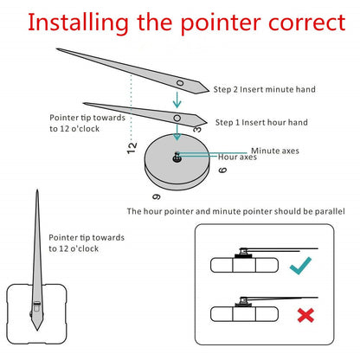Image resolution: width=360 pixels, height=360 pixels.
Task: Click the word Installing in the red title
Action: pyautogui.click(x=78, y=23)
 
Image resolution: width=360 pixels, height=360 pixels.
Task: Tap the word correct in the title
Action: pyautogui.click(x=306, y=23)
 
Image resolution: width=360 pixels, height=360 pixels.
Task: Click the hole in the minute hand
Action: pyautogui.click(x=180, y=83)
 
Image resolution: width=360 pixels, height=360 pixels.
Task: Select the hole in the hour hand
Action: pyautogui.click(x=177, y=118)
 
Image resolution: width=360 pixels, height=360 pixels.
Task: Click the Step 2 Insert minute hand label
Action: pyautogui.click(x=264, y=89)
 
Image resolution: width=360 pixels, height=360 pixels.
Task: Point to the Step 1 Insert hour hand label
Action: pyautogui.click(x=261, y=122)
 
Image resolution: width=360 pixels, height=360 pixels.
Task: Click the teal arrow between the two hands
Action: pyautogui.click(x=177, y=100)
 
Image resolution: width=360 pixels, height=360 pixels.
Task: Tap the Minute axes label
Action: pyautogui.click(x=275, y=151)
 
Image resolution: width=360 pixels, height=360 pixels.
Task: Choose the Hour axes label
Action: pyautogui.click(x=237, y=157)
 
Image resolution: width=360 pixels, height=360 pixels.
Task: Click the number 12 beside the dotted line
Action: pyautogui.click(x=132, y=148)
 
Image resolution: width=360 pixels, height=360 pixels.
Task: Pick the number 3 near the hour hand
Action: pyautogui.click(x=197, y=129)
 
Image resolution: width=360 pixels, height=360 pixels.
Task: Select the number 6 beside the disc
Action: pyautogui.click(x=222, y=170)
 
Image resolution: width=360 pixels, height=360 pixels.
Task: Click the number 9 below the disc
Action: pyautogui.click(x=157, y=197)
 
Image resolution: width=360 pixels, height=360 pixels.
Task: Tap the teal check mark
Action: pyautogui.click(x=300, y=266)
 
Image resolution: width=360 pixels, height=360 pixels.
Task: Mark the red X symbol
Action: pyautogui.click(x=305, y=315)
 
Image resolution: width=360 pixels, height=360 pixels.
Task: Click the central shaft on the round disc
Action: pyautogui.click(x=177, y=157)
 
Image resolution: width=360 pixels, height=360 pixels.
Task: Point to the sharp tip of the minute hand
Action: pyautogui.click(x=57, y=49)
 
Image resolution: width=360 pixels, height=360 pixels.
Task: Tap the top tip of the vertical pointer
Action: pyautogui.click(x=37, y=190)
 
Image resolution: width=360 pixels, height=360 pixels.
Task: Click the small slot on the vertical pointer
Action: pyautogui.click(x=37, y=303)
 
